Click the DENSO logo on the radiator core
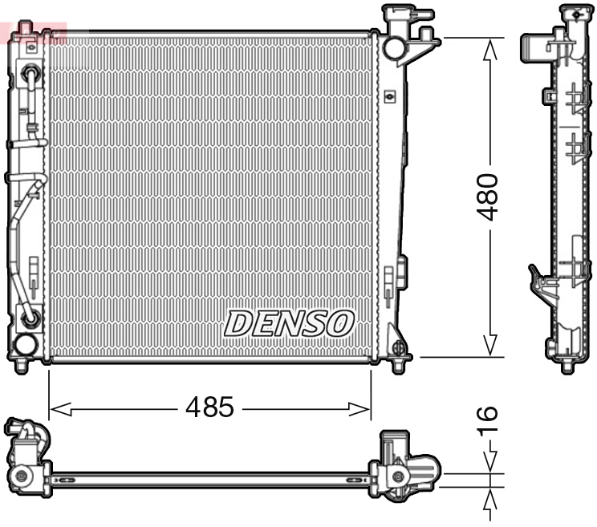pos(289,323)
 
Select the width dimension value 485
pos(209,408)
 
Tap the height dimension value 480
pos(489,197)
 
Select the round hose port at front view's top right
pos(394,47)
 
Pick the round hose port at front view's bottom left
pos(25,346)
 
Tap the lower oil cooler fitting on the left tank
pos(30,318)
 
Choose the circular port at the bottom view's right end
pos(398,478)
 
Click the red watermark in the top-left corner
pos(32,32)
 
